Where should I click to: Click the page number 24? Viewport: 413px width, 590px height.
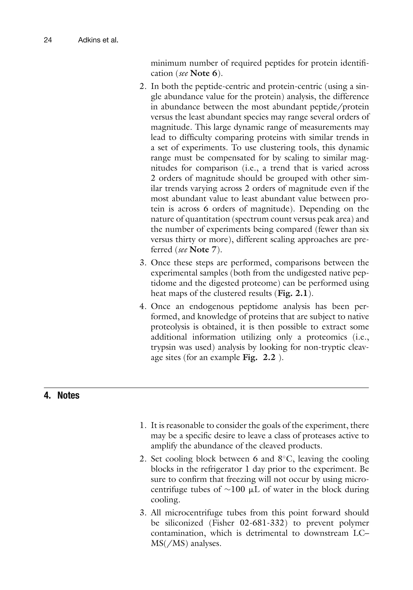[48, 40]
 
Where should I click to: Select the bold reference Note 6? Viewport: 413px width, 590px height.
[203, 73]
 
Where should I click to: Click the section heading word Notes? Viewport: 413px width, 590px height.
[68, 395]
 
